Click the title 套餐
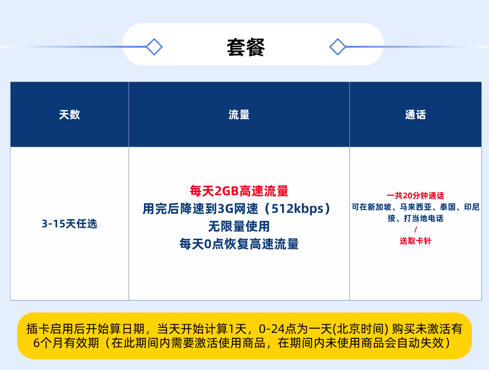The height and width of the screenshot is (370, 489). (x=246, y=48)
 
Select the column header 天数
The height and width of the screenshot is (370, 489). (x=70, y=115)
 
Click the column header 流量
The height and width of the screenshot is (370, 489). (x=239, y=115)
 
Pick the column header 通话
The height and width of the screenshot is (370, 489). (x=415, y=115)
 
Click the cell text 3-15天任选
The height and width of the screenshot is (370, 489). (x=70, y=224)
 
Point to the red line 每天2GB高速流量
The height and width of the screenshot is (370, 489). (x=239, y=191)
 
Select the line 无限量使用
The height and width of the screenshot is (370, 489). (x=239, y=226)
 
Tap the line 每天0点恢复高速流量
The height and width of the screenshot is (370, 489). (x=239, y=244)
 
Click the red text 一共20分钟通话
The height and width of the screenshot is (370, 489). (x=415, y=196)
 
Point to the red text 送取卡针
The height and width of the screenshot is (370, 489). (x=415, y=241)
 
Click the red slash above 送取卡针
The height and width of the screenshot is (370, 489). (x=415, y=230)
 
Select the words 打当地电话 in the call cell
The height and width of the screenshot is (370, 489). (x=423, y=218)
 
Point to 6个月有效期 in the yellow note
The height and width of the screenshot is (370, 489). (x=66, y=343)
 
